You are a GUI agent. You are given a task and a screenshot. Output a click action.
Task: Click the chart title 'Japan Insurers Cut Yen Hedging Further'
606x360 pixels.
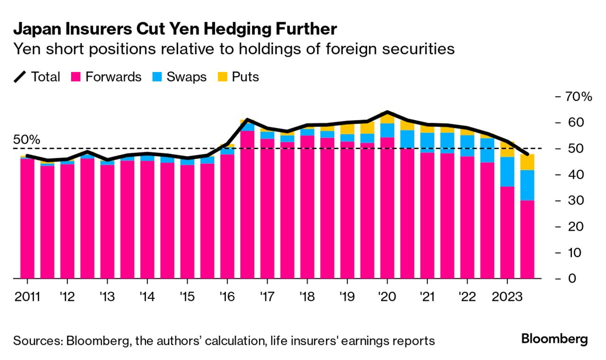tap(175, 29)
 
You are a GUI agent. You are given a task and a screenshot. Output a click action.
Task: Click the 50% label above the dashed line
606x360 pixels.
tap(27, 140)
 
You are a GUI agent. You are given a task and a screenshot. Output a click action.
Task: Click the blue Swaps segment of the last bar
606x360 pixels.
tap(527, 185)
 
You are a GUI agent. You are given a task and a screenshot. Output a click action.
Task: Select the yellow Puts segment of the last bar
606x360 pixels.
tap(527, 162)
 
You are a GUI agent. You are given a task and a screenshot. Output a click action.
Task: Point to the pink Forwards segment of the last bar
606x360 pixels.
tap(527, 239)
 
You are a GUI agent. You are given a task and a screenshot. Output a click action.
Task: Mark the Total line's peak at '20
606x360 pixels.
tap(387, 112)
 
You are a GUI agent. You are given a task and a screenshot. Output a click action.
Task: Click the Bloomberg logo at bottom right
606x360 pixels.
tap(554, 339)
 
